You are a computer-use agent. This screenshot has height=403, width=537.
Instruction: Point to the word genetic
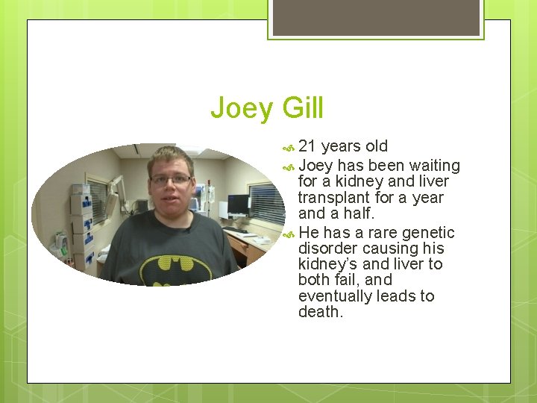(428, 233)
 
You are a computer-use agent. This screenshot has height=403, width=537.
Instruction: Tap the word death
(321, 312)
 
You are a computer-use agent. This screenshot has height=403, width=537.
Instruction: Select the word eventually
(333, 296)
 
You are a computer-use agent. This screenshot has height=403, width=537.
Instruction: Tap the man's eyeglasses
(172, 179)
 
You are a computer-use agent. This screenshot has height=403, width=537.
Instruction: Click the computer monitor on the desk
(238, 203)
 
